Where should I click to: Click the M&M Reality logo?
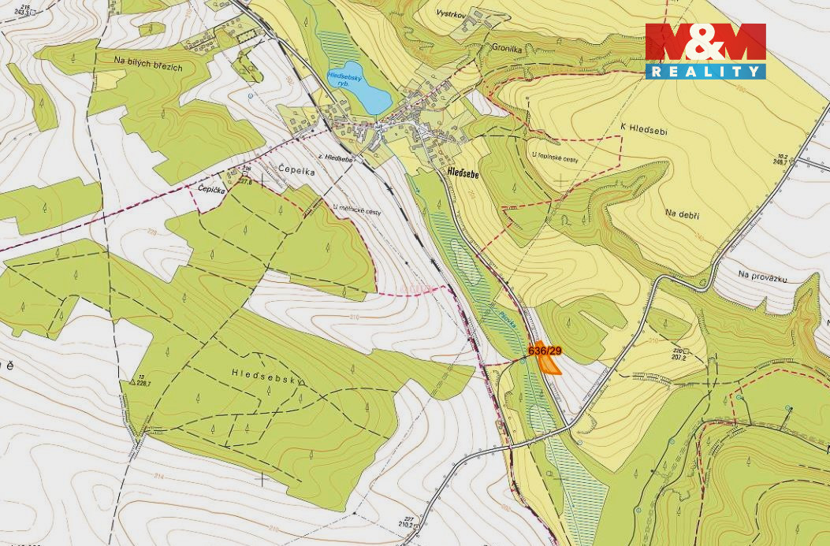click(x=705, y=50)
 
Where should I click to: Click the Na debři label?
click(x=683, y=214)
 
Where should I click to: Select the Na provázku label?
click(x=763, y=277)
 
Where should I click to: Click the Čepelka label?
click(x=296, y=169)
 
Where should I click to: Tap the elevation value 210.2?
click(x=407, y=524)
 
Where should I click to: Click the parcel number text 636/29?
click(x=545, y=351)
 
